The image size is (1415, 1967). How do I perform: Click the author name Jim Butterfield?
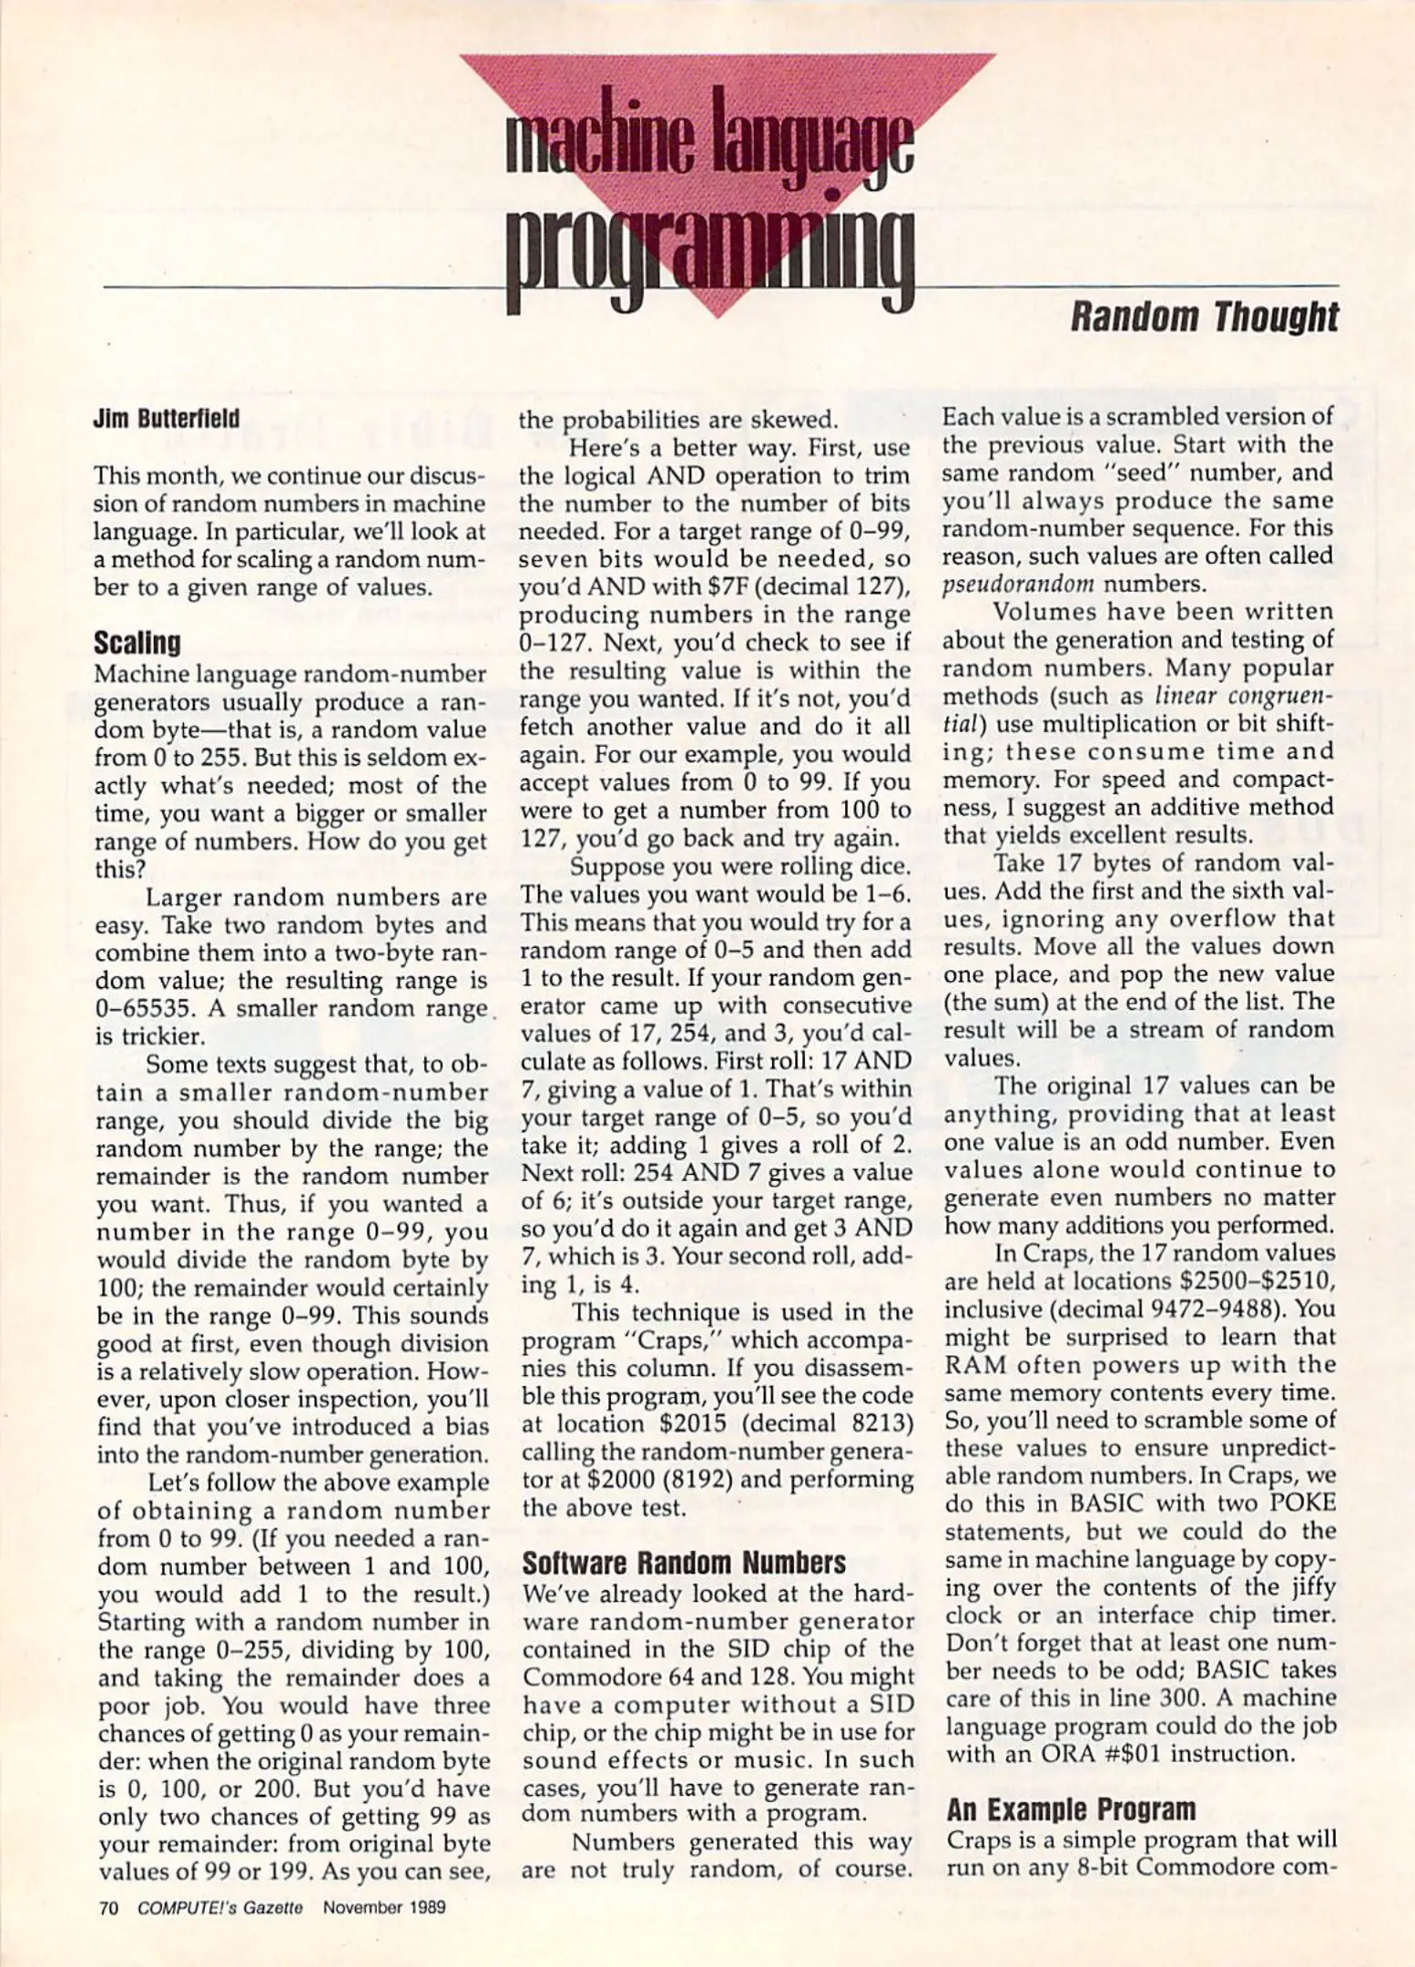166,419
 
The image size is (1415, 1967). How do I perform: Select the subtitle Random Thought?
1203,318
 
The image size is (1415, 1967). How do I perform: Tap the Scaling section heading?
137,644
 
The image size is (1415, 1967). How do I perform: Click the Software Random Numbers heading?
684,1564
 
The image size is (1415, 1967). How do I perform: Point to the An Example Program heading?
1071,1809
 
